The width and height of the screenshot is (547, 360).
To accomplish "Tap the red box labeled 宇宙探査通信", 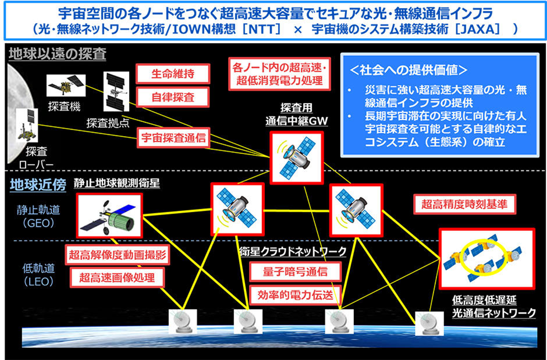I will coord(173,138).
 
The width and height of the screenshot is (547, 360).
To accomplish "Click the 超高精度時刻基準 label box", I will coord(464,204).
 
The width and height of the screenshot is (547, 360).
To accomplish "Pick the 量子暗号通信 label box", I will coord(288,271).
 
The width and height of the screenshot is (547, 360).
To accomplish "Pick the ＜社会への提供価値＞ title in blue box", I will coord(407,70).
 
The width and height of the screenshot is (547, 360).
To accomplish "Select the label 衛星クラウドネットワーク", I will coord(293,251).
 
